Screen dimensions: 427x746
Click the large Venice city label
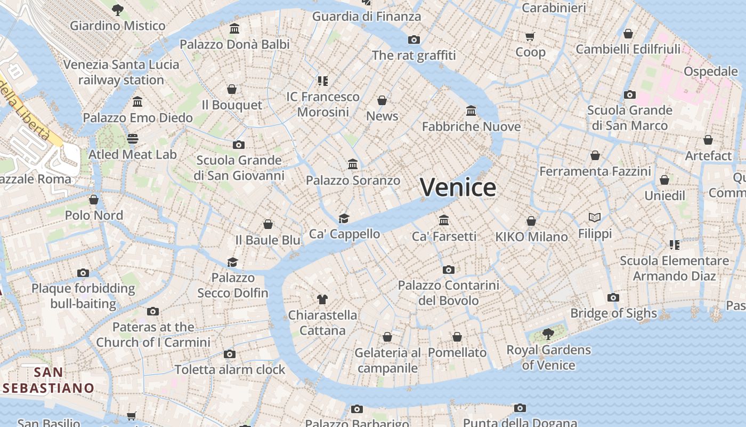pyautogui.click(x=458, y=187)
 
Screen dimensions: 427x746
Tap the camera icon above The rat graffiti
pyautogui.click(x=413, y=39)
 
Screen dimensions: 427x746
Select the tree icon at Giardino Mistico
pyautogui.click(x=118, y=10)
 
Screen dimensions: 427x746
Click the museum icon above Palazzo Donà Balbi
pyautogui.click(x=234, y=28)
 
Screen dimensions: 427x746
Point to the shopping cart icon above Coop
pyautogui.click(x=530, y=36)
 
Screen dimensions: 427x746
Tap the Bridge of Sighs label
pyautogui.click(x=613, y=313)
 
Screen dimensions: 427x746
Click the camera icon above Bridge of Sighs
pyautogui.click(x=613, y=297)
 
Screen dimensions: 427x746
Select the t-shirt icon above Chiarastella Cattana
pyautogui.click(x=322, y=299)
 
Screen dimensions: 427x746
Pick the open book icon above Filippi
pyautogui.click(x=595, y=217)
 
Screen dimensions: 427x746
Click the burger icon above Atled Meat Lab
pyautogui.click(x=133, y=139)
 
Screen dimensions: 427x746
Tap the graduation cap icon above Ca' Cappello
pyautogui.click(x=344, y=218)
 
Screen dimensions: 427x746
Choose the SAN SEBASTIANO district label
pyautogui.click(x=48, y=380)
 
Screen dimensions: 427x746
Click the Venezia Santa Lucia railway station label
pyautogui.click(x=121, y=73)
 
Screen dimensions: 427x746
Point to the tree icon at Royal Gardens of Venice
pyautogui.click(x=548, y=334)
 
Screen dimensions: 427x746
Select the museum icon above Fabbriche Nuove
pyautogui.click(x=471, y=110)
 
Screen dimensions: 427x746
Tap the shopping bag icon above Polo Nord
pyautogui.click(x=94, y=200)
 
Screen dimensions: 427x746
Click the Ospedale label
pyautogui.click(x=710, y=72)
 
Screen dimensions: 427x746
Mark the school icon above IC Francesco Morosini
pyautogui.click(x=322, y=81)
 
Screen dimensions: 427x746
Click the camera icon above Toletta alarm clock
pyautogui.click(x=230, y=354)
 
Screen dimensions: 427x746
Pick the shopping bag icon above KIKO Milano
pyautogui.click(x=531, y=221)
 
